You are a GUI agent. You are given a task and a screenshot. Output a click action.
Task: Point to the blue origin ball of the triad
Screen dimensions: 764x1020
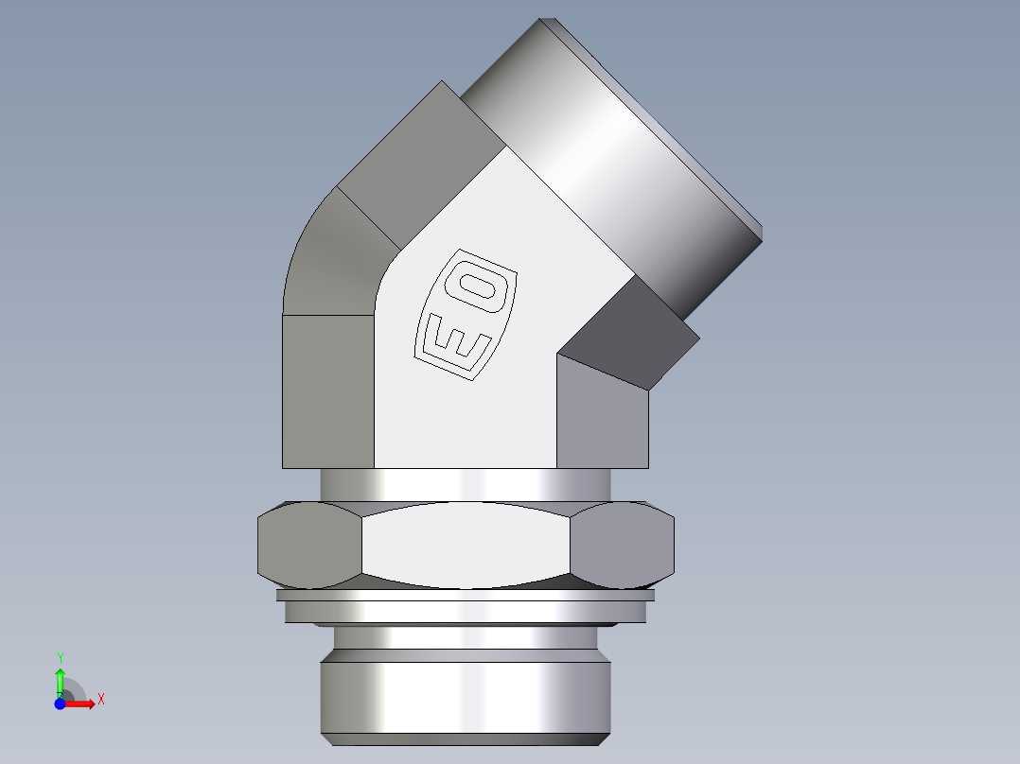pos(60,703)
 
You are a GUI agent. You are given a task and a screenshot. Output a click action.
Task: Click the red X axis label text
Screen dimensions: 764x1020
pos(100,700)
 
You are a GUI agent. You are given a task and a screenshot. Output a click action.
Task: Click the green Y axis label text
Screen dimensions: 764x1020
pos(61,657)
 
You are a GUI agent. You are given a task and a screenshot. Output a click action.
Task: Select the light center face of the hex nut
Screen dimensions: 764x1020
pos(466,546)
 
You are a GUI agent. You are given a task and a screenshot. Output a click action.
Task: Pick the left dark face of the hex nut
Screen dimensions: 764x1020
pos(308,546)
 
